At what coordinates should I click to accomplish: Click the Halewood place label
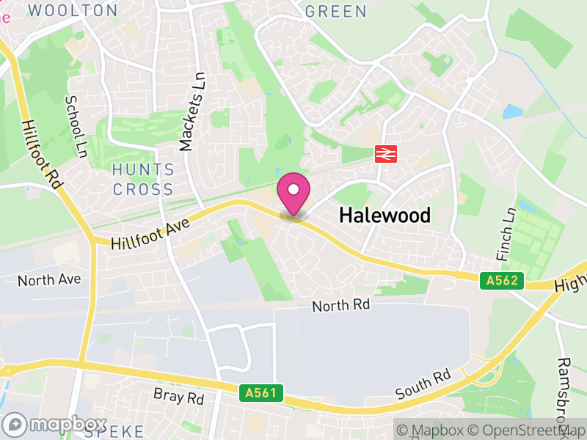pos(384,215)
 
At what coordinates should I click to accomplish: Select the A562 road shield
pos(503,280)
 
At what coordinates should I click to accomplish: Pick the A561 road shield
pos(261,393)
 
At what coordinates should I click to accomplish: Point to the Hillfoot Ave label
pos(150,232)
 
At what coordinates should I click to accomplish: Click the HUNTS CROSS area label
pos(144,180)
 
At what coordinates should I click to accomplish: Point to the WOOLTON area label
pos(73,10)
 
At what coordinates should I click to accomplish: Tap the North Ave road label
pos(49,280)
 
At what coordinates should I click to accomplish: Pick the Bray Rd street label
pos(178,398)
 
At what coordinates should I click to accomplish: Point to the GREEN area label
pos(335,11)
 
